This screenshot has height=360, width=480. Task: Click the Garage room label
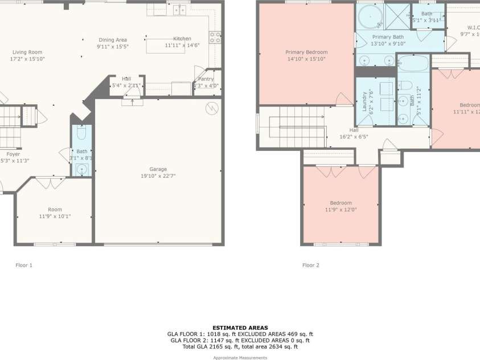pos(158,169)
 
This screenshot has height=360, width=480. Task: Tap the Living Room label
pos(27,52)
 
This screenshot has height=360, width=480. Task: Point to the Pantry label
pos(206,79)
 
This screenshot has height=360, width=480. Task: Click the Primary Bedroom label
pos(306,52)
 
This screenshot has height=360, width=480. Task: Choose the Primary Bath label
pos(388,37)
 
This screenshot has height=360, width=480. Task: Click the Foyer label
pos(13,154)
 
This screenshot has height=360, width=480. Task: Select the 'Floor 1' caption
pos(24,265)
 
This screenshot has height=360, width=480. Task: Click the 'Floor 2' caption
pos(311,265)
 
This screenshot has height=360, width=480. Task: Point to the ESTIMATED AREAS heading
pos(240,328)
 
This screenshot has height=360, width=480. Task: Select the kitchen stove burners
pos(216,38)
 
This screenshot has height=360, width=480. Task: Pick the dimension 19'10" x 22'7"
pos(158,176)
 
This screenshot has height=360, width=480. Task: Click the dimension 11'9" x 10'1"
pos(55,216)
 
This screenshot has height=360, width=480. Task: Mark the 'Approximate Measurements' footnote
pos(240,357)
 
